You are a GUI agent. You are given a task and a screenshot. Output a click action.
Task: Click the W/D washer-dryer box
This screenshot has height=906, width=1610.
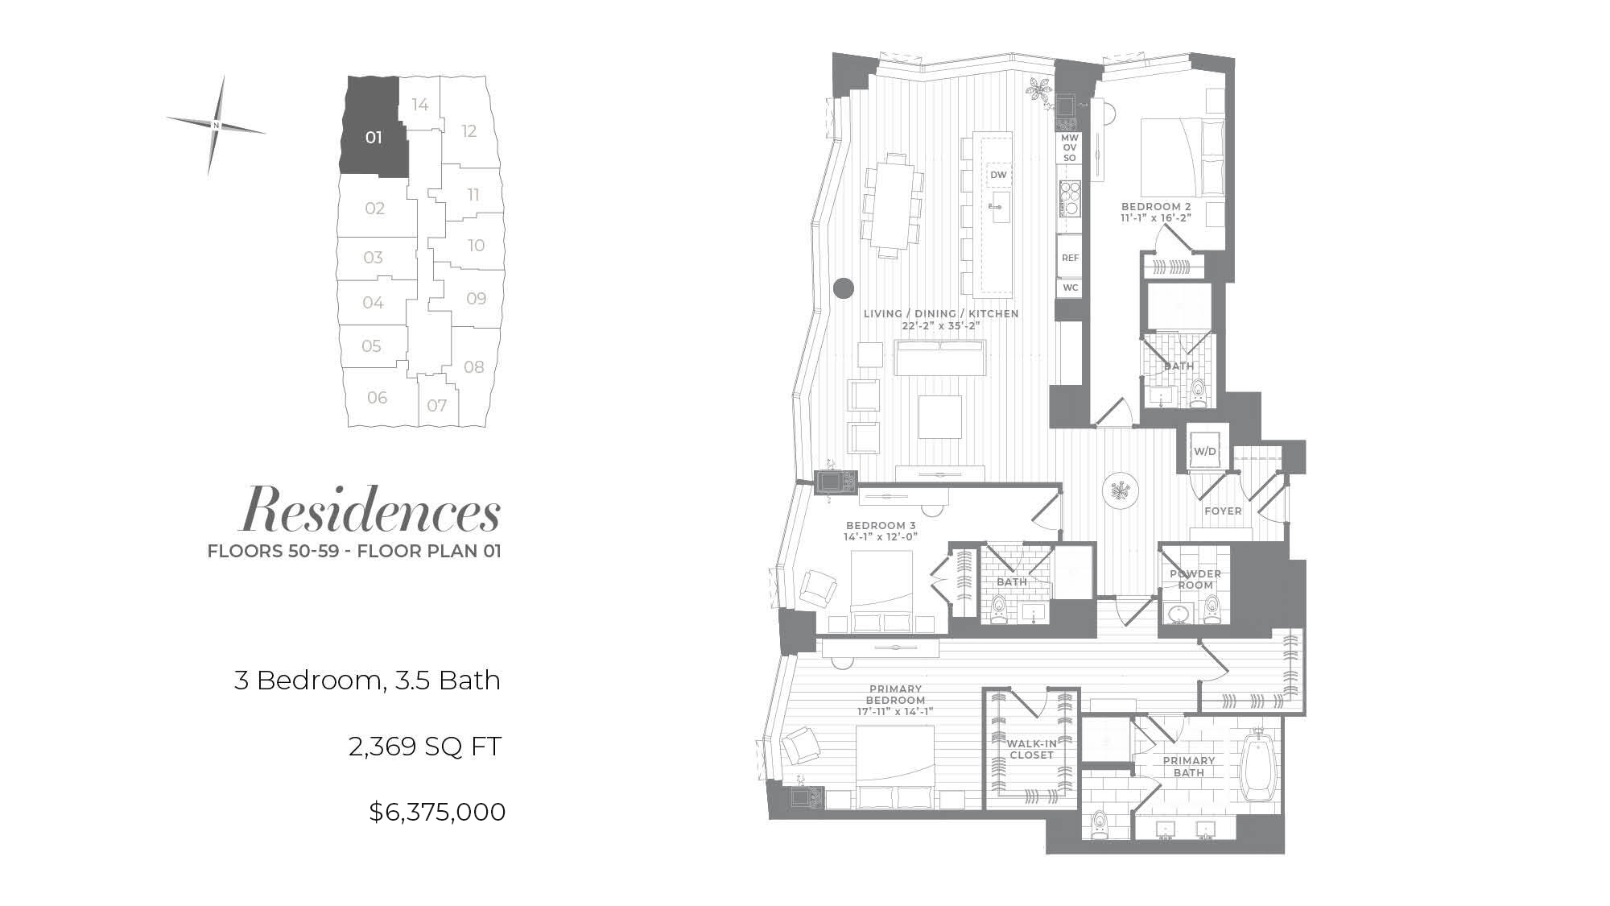click(1204, 451)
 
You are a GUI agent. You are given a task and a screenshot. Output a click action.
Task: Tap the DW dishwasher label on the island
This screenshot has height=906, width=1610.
click(998, 175)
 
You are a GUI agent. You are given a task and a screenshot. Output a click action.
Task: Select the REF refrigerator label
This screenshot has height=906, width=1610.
click(1070, 258)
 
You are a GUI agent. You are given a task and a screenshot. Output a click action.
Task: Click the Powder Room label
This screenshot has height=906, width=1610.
click(1195, 579)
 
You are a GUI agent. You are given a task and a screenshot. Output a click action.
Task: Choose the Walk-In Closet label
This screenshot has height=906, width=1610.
click(1031, 749)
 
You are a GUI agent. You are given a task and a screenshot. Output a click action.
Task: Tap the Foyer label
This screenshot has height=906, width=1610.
click(1223, 511)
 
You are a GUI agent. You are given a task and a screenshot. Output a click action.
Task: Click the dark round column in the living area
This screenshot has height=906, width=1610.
click(843, 288)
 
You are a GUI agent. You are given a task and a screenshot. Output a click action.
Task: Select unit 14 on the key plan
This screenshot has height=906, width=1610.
click(419, 104)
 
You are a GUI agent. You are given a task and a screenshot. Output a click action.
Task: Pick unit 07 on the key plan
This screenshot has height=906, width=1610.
click(437, 404)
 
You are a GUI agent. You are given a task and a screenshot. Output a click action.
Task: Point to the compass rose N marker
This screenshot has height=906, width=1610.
click(216, 126)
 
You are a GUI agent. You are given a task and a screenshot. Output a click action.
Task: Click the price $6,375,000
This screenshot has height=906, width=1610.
click(437, 811)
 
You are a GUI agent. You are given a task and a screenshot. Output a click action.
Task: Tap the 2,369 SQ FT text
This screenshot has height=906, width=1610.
click(425, 747)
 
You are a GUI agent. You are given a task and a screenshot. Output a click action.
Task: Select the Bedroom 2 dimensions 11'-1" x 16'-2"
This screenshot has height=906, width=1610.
click(1155, 217)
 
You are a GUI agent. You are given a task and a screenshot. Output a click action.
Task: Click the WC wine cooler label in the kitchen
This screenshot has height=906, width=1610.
click(1070, 288)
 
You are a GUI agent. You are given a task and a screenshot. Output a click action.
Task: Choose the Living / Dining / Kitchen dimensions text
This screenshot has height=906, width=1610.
click(942, 325)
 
